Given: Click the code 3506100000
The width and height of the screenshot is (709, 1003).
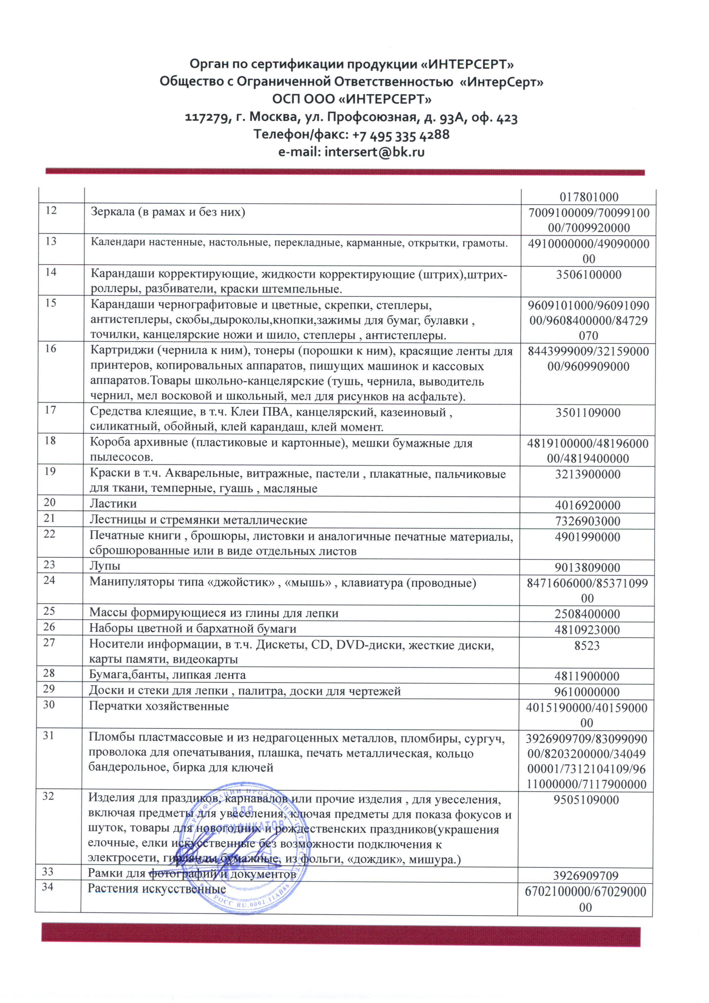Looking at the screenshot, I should tap(588, 275).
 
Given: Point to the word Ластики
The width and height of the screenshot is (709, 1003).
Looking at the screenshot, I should tap(113, 504).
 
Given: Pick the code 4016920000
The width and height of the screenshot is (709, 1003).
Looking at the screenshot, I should tap(587, 505).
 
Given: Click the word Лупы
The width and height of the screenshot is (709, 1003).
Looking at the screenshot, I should tap(105, 566).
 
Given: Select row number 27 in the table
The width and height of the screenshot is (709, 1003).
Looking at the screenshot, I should tap(49, 643).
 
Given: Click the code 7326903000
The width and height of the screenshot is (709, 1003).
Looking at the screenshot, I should tap(587, 521).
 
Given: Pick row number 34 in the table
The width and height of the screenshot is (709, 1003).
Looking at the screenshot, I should tap(48, 886).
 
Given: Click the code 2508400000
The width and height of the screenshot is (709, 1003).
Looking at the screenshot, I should tap(587, 614).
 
